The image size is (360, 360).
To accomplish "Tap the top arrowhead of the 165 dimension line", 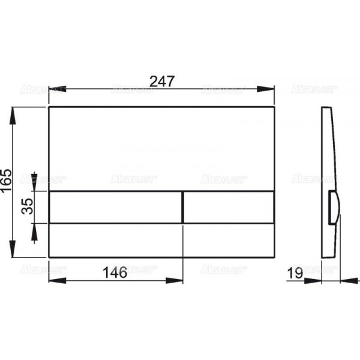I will pyautogui.click(x=13, y=112).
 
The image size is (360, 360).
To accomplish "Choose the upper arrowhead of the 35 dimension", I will pyautogui.click(x=34, y=187).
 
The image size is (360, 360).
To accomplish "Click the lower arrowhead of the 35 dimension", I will pyautogui.click(x=34, y=228).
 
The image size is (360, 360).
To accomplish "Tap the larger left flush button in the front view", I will pyautogui.click(x=114, y=207).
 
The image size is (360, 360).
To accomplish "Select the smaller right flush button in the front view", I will pyautogui.click(x=229, y=207).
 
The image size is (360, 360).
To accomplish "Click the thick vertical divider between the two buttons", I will pyautogui.click(x=182, y=207).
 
